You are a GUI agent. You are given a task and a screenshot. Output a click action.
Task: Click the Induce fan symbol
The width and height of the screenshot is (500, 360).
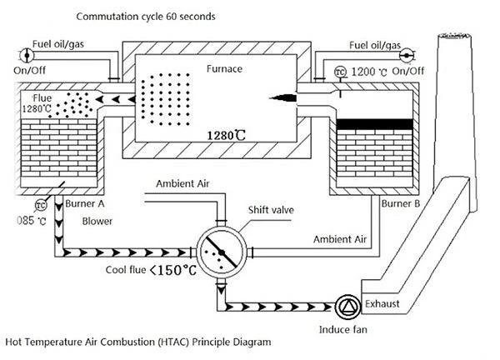click(347, 307)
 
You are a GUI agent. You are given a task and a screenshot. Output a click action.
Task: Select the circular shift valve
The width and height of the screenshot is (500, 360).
click(222, 252)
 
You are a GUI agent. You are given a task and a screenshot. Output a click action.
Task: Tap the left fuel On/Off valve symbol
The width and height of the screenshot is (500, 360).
click(27, 56)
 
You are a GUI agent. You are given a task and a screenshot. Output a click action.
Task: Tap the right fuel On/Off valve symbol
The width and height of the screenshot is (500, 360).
click(407, 56)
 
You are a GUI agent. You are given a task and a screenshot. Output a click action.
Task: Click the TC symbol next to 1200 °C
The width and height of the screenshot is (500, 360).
click(341, 72)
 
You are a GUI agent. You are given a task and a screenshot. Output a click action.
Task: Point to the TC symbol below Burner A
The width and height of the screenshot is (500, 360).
click(41, 205)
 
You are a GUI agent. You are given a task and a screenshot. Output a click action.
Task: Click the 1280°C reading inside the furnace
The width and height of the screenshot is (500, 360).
click(227, 136)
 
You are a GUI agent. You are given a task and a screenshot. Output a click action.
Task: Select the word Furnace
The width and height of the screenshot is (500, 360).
click(224, 69)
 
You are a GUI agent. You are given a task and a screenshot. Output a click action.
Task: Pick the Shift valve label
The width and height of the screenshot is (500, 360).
click(271, 210)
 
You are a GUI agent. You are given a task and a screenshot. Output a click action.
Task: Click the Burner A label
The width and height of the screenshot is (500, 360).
click(85, 203)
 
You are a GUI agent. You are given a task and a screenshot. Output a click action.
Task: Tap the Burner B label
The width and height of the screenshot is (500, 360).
click(401, 203)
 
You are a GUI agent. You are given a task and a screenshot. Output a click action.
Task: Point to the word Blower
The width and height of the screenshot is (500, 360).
click(97, 222)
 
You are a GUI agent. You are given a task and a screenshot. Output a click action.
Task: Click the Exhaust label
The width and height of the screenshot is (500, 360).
click(382, 303)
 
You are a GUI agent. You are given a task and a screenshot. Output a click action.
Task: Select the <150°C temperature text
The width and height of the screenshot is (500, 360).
click(173, 270)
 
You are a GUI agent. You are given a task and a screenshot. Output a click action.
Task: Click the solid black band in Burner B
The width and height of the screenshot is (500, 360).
click(375, 124)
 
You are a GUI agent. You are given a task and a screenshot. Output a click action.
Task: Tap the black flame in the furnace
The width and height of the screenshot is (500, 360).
click(283, 97)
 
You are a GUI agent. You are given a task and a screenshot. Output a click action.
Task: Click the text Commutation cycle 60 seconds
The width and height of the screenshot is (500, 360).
click(146, 17)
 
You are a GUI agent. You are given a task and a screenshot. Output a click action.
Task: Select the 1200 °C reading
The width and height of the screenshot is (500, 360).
click(369, 72)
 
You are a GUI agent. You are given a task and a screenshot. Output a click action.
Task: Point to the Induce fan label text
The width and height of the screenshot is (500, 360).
click(342, 329)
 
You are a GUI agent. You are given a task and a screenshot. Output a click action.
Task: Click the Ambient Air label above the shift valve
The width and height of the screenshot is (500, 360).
click(182, 183)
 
